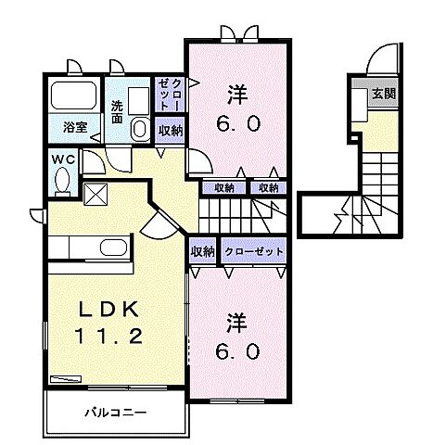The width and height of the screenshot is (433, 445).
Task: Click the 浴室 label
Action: pyautogui.click(x=76, y=128)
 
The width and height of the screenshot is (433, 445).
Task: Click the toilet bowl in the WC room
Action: pyautogui.click(x=61, y=183)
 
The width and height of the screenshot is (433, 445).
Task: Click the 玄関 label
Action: pyautogui.click(x=384, y=93)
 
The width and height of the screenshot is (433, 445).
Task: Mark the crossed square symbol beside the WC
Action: pyautogui.click(x=96, y=194)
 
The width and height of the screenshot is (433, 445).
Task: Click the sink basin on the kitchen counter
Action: pyautogui.click(x=114, y=248)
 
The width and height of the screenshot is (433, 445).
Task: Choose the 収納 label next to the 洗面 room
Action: pyautogui.click(x=170, y=131)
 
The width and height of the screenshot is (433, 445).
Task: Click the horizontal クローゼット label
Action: pyautogui.click(x=251, y=251)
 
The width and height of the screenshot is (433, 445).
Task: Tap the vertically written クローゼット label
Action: pyautogui.click(x=170, y=93)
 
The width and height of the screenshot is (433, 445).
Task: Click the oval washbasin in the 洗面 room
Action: pyautogui.click(x=138, y=128)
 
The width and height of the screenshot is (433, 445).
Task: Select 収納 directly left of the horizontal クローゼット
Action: pyautogui.click(x=203, y=251)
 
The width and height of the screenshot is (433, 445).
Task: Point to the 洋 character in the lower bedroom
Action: pyautogui.click(x=237, y=323)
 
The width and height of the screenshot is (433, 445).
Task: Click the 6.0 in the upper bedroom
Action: pyautogui.click(x=237, y=121)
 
